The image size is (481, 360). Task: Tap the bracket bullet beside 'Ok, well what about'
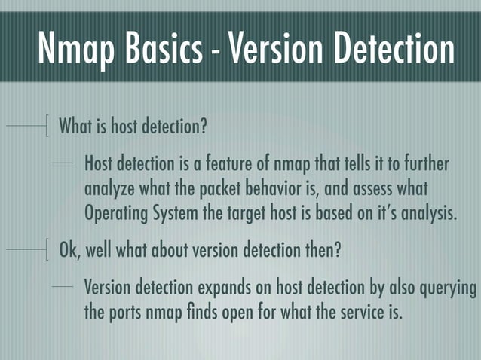[47, 249]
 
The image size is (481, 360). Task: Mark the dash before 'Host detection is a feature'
[65, 163]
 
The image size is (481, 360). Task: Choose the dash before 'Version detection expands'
[65, 288]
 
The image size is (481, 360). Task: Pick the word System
[178, 212]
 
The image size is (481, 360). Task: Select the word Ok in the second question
[69, 249]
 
